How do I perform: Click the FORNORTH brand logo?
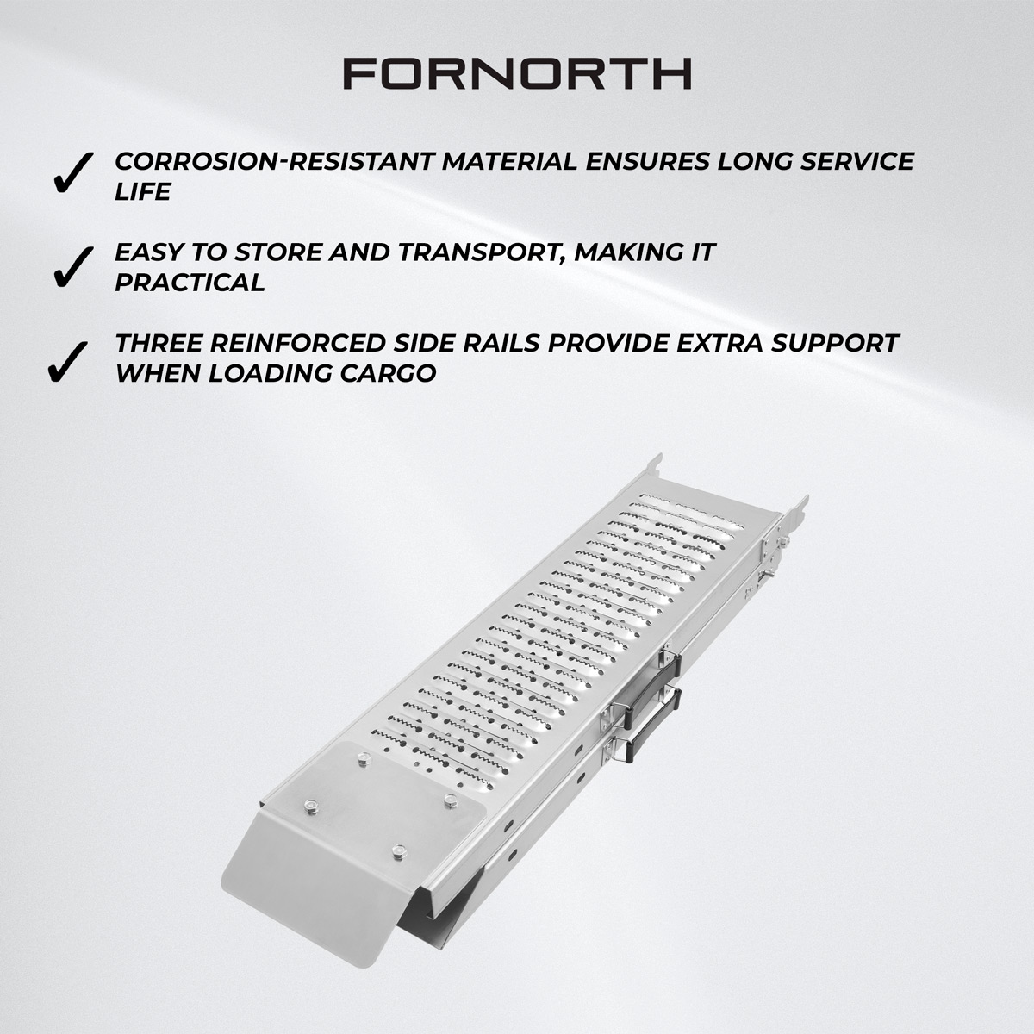click(517, 74)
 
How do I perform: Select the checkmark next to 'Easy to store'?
click(72, 265)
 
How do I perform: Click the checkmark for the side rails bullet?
click(68, 360)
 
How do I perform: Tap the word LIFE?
click(143, 192)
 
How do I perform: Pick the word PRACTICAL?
click(190, 283)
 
